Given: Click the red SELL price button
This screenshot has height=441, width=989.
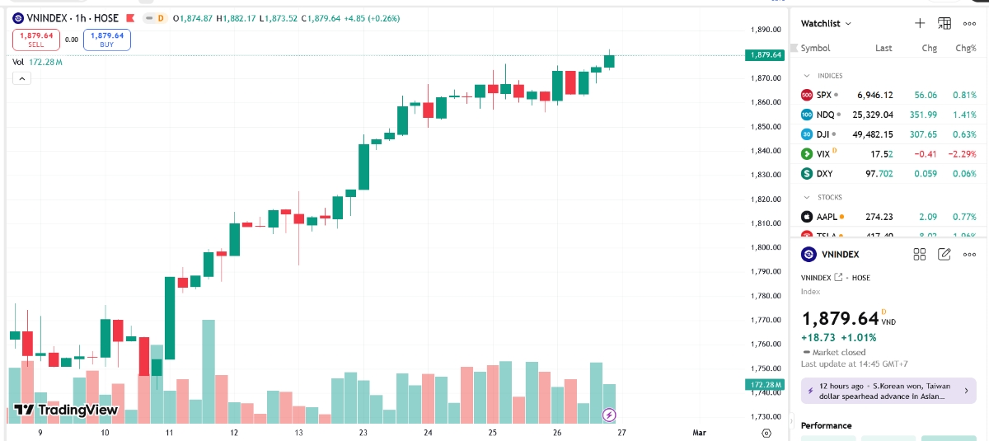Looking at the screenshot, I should pyautogui.click(x=36, y=40).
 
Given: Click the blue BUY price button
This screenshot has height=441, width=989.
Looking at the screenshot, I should pyautogui.click(x=107, y=40).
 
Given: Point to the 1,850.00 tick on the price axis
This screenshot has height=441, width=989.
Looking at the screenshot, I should pyautogui.click(x=766, y=127).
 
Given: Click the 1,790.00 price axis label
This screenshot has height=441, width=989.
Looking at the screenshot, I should pyautogui.click(x=766, y=271).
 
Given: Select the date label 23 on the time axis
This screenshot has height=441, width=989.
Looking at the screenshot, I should pyautogui.click(x=363, y=432).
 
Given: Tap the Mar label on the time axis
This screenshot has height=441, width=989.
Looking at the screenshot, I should pyautogui.click(x=699, y=432).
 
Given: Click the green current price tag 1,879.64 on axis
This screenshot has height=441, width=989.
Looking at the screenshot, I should pyautogui.click(x=764, y=55).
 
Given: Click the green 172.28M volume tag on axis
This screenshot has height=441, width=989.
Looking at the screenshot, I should pyautogui.click(x=764, y=385).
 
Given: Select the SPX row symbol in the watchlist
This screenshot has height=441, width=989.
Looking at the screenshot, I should pyautogui.click(x=824, y=95).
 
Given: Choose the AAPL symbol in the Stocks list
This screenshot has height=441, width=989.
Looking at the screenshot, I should pyautogui.click(x=826, y=217).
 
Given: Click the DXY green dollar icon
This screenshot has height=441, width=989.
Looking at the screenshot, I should pyautogui.click(x=807, y=174).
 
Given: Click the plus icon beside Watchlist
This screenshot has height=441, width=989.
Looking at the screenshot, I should pyautogui.click(x=920, y=24).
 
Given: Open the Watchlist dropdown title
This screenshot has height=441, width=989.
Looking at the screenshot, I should pyautogui.click(x=826, y=24).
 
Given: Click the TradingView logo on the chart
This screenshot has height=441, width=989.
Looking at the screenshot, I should pyautogui.click(x=66, y=410).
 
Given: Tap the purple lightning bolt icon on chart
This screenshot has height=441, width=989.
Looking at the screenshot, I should pyautogui.click(x=609, y=415).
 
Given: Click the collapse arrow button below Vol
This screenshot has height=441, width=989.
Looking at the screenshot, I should pyautogui.click(x=21, y=78).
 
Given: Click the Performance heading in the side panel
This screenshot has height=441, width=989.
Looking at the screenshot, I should pyautogui.click(x=826, y=425).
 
